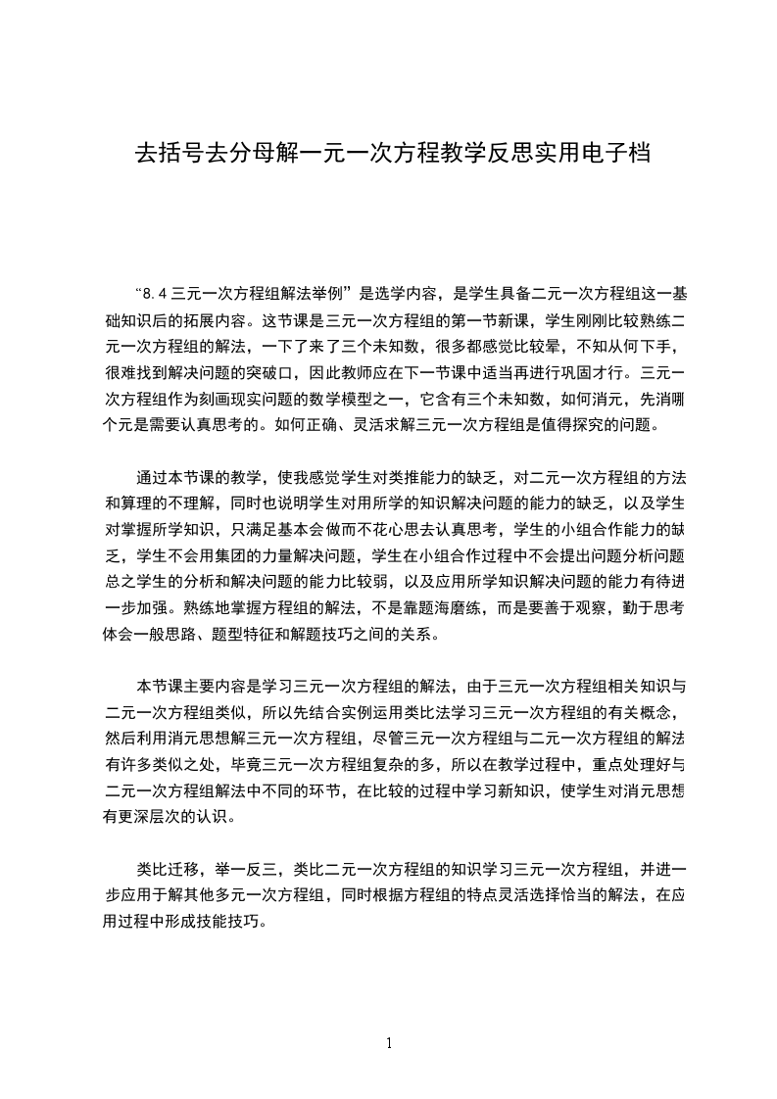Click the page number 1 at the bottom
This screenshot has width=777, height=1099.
coord(389,1043)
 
